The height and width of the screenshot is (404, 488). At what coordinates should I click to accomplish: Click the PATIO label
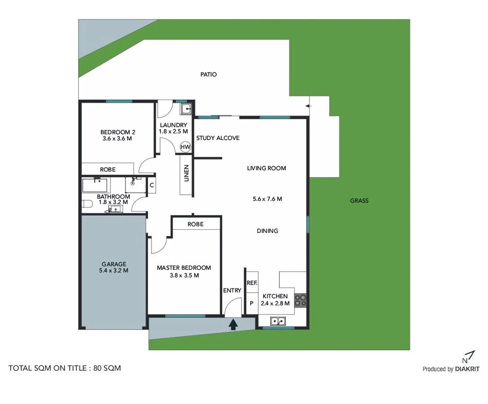[x=208, y=75]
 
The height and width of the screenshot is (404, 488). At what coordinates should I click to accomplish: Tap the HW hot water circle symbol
[x=185, y=147]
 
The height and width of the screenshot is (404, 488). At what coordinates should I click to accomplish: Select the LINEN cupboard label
[x=186, y=174]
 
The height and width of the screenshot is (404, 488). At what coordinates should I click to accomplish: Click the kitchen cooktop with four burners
[x=300, y=300]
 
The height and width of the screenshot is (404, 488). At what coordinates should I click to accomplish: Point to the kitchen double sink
[x=277, y=321]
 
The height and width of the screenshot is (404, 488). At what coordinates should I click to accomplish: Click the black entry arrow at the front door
[x=233, y=324]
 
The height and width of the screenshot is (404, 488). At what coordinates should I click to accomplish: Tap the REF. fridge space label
[x=251, y=283]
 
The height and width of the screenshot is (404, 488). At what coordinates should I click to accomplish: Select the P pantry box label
[x=251, y=303]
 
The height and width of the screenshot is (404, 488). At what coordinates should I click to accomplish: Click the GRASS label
[x=359, y=201]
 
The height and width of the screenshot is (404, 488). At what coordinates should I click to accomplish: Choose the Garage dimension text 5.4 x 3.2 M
[x=114, y=271]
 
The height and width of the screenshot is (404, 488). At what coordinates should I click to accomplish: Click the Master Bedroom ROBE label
[x=195, y=224]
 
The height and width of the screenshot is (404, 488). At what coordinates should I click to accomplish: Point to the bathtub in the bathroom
[x=95, y=185]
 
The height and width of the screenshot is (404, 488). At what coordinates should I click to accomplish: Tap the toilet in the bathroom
[x=87, y=204]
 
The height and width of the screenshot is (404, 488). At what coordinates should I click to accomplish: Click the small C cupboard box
[x=152, y=185]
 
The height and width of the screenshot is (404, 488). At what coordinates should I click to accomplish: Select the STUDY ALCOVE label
[x=218, y=138]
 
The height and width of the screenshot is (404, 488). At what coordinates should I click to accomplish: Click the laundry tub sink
[x=186, y=109]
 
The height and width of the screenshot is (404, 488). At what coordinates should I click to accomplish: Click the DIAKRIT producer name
[x=467, y=369]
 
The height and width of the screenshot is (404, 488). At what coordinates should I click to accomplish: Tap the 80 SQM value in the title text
[x=107, y=368]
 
